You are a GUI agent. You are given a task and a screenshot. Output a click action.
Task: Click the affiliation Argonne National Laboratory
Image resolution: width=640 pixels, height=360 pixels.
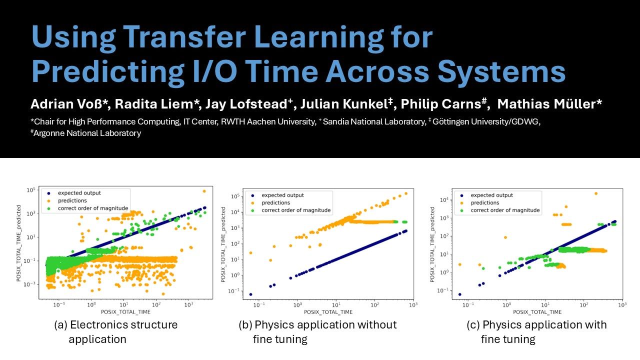click(87, 133)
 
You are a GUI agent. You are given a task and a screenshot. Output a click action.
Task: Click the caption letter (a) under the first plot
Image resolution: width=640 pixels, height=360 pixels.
click(60, 325)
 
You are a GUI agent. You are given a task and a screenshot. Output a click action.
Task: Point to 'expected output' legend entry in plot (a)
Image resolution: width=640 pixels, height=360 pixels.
click(79, 192)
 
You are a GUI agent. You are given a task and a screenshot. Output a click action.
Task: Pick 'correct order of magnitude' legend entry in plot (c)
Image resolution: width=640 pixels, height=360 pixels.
click(505, 210)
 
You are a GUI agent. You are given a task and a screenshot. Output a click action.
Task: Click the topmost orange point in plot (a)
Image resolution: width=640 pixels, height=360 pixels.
click(203, 191)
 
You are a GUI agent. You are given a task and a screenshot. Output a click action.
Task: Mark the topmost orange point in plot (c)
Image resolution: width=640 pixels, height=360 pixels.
click(595, 193)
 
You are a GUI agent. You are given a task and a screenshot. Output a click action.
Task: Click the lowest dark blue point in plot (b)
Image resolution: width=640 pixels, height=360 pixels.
click(250, 294)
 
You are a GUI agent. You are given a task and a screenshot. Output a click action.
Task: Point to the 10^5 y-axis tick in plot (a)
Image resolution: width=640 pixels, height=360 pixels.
click(31, 190)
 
